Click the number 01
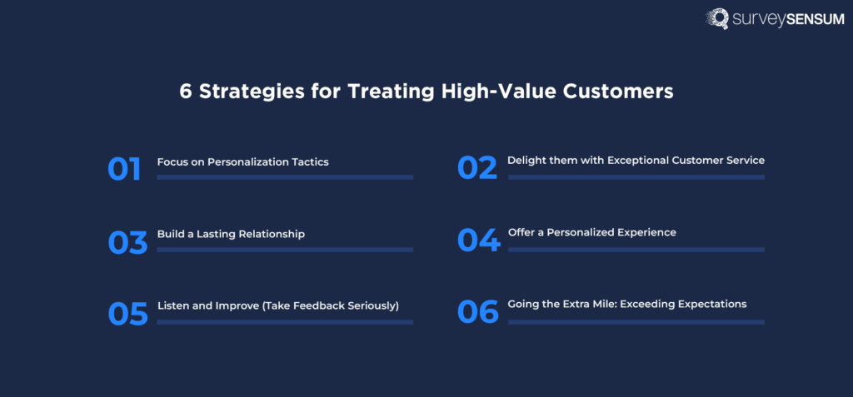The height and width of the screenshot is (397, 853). tap(124, 169)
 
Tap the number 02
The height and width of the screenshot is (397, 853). tap(477, 168)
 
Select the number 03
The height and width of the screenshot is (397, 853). tap(127, 242)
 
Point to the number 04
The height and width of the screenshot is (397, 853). tap(479, 241)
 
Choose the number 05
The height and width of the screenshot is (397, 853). tap(127, 314)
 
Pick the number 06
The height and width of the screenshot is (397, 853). tap(478, 312)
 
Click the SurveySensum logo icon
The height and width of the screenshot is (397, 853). tap(718, 19)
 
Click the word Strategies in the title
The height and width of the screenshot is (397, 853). tap(244, 92)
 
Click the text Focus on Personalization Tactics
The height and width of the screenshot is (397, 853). tap(242, 161)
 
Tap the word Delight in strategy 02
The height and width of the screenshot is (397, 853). tap(526, 160)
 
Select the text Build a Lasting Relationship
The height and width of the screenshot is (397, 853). tap(231, 234)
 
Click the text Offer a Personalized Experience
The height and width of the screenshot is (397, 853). tap(591, 232)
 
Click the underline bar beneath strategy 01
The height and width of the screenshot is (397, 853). tap(284, 177)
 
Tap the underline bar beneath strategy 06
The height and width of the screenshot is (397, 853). tap(636, 321)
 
